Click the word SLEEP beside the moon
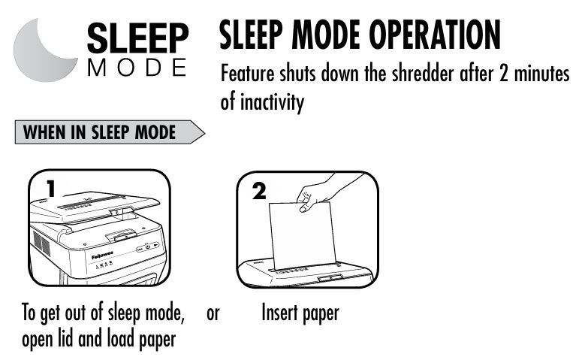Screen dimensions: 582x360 [138, 38]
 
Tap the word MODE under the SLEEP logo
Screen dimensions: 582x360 [137, 67]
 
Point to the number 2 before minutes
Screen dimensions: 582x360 [504, 74]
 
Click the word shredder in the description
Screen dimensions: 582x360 [423, 73]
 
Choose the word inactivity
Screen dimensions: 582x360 [272, 101]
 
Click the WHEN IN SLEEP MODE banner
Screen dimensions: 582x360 [110, 132]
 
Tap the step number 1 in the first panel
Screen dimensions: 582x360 [51, 189]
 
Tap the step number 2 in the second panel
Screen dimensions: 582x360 [259, 192]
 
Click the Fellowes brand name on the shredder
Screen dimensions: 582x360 [102, 256]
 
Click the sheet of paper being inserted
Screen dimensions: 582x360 [302, 236]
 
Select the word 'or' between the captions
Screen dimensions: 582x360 [213, 313]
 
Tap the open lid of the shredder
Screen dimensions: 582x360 [95, 208]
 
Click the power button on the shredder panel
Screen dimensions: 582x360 [148, 247]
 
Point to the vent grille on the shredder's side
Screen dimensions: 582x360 [41, 243]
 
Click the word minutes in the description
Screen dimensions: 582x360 [541, 74]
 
